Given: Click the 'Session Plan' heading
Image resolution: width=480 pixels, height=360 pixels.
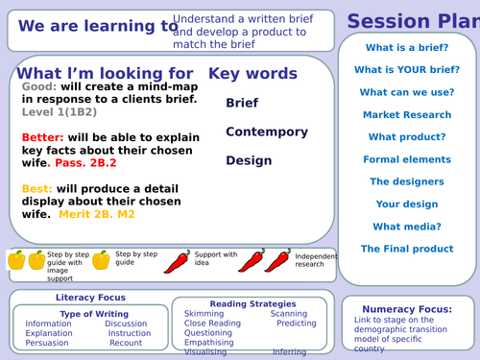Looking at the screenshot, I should [x=413, y=20].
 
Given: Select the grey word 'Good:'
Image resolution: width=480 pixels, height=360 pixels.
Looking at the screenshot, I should [x=40, y=86].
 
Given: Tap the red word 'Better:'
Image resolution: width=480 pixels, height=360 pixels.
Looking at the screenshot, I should [x=44, y=138].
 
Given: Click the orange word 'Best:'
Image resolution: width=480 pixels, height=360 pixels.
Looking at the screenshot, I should [x=36, y=189].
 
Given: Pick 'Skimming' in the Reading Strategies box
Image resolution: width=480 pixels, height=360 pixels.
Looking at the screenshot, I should [x=204, y=314].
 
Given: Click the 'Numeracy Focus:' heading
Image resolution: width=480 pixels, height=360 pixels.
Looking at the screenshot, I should [x=407, y=309].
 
